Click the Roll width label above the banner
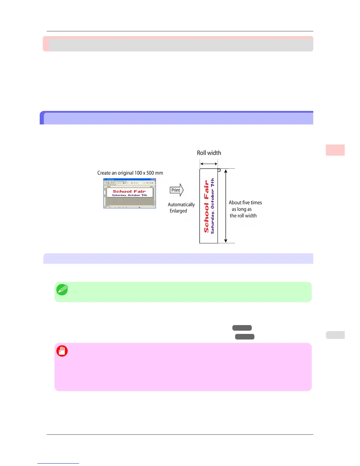pyautogui.click(x=209, y=153)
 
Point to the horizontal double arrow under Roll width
pyautogui.click(x=209, y=164)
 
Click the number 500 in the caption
pyautogui.click(x=150, y=173)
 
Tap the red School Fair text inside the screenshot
pyautogui.click(x=129, y=191)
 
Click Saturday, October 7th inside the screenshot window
pyautogui.click(x=129, y=195)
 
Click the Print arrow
pyautogui.click(x=176, y=190)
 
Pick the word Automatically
pyautogui.click(x=181, y=204)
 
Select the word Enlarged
pyautogui.click(x=178, y=211)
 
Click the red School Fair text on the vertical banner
pyautogui.click(x=206, y=207)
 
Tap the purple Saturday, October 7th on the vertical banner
pyautogui.click(x=213, y=206)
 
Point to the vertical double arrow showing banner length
pyautogui.click(x=226, y=206)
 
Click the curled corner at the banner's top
pyautogui.click(x=219, y=170)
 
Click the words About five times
pyautogui.click(x=245, y=203)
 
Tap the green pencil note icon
pyautogui.click(x=62, y=290)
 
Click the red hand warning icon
pyautogui.click(x=62, y=351)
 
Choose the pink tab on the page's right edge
pyautogui.click(x=335, y=150)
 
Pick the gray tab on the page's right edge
pyautogui.click(x=335, y=335)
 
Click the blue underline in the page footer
pyautogui.click(x=58, y=463)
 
